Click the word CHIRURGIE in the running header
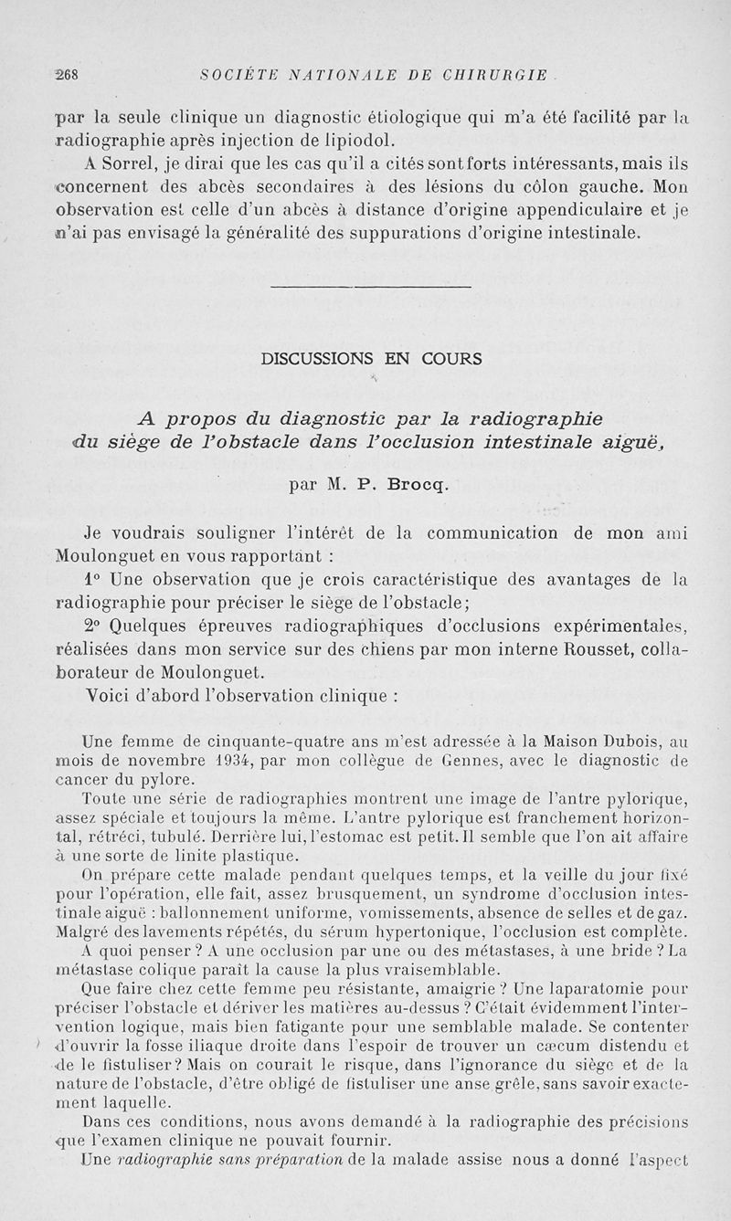(x=497, y=74)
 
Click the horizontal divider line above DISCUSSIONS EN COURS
(x=371, y=288)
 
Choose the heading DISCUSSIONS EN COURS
(x=371, y=359)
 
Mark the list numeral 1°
(x=90, y=579)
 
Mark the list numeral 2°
(x=92, y=626)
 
